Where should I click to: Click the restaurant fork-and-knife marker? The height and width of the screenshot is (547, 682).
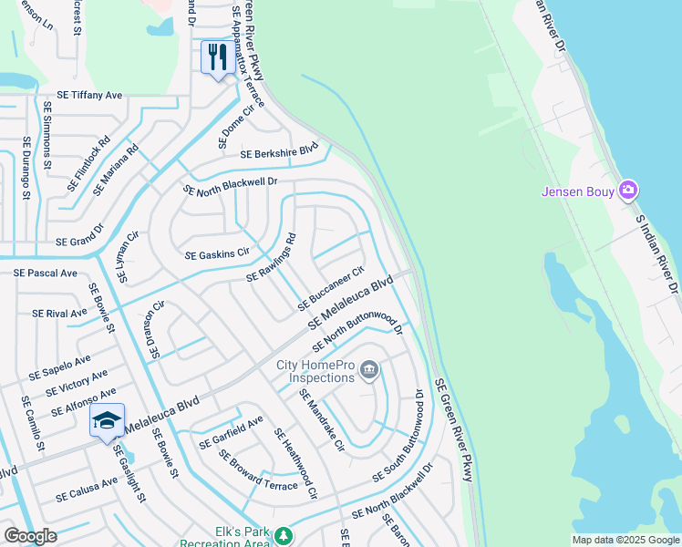217,57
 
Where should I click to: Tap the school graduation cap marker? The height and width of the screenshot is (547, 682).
107,420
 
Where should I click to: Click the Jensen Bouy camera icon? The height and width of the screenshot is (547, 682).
627,191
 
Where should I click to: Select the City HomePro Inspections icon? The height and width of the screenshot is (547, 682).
369,369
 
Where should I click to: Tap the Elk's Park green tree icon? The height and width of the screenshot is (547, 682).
284,534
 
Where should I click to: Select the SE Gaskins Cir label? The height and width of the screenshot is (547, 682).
217,253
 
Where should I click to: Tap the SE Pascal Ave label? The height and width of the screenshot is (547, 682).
45,273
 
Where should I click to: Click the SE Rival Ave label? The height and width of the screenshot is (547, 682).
59,313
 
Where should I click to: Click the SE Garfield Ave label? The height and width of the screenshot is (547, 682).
231,432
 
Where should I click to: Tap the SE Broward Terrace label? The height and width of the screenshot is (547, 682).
258,470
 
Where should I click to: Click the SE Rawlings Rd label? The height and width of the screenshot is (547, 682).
272,257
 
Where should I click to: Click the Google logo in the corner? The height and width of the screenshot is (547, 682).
31,536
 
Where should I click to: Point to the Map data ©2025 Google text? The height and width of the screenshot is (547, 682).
625,540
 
